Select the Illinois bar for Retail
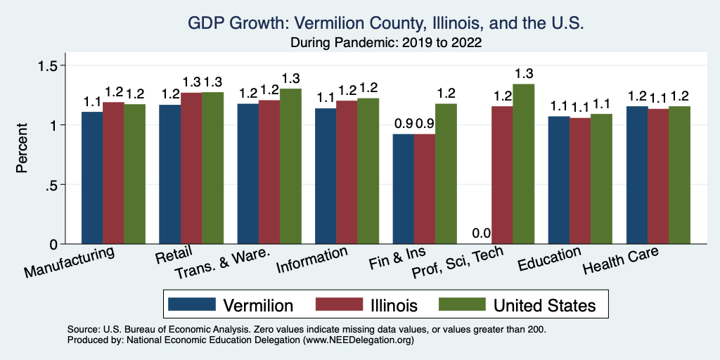191,168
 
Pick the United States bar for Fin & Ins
445,174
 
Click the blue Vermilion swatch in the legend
191,304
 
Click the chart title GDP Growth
386,23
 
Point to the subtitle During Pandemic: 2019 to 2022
386,42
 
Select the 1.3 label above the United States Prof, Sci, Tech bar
524,73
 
